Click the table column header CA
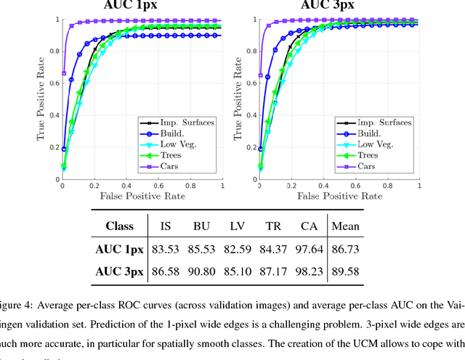pos(308,226)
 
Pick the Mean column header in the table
pos(346,226)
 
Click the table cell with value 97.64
pos(308,248)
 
